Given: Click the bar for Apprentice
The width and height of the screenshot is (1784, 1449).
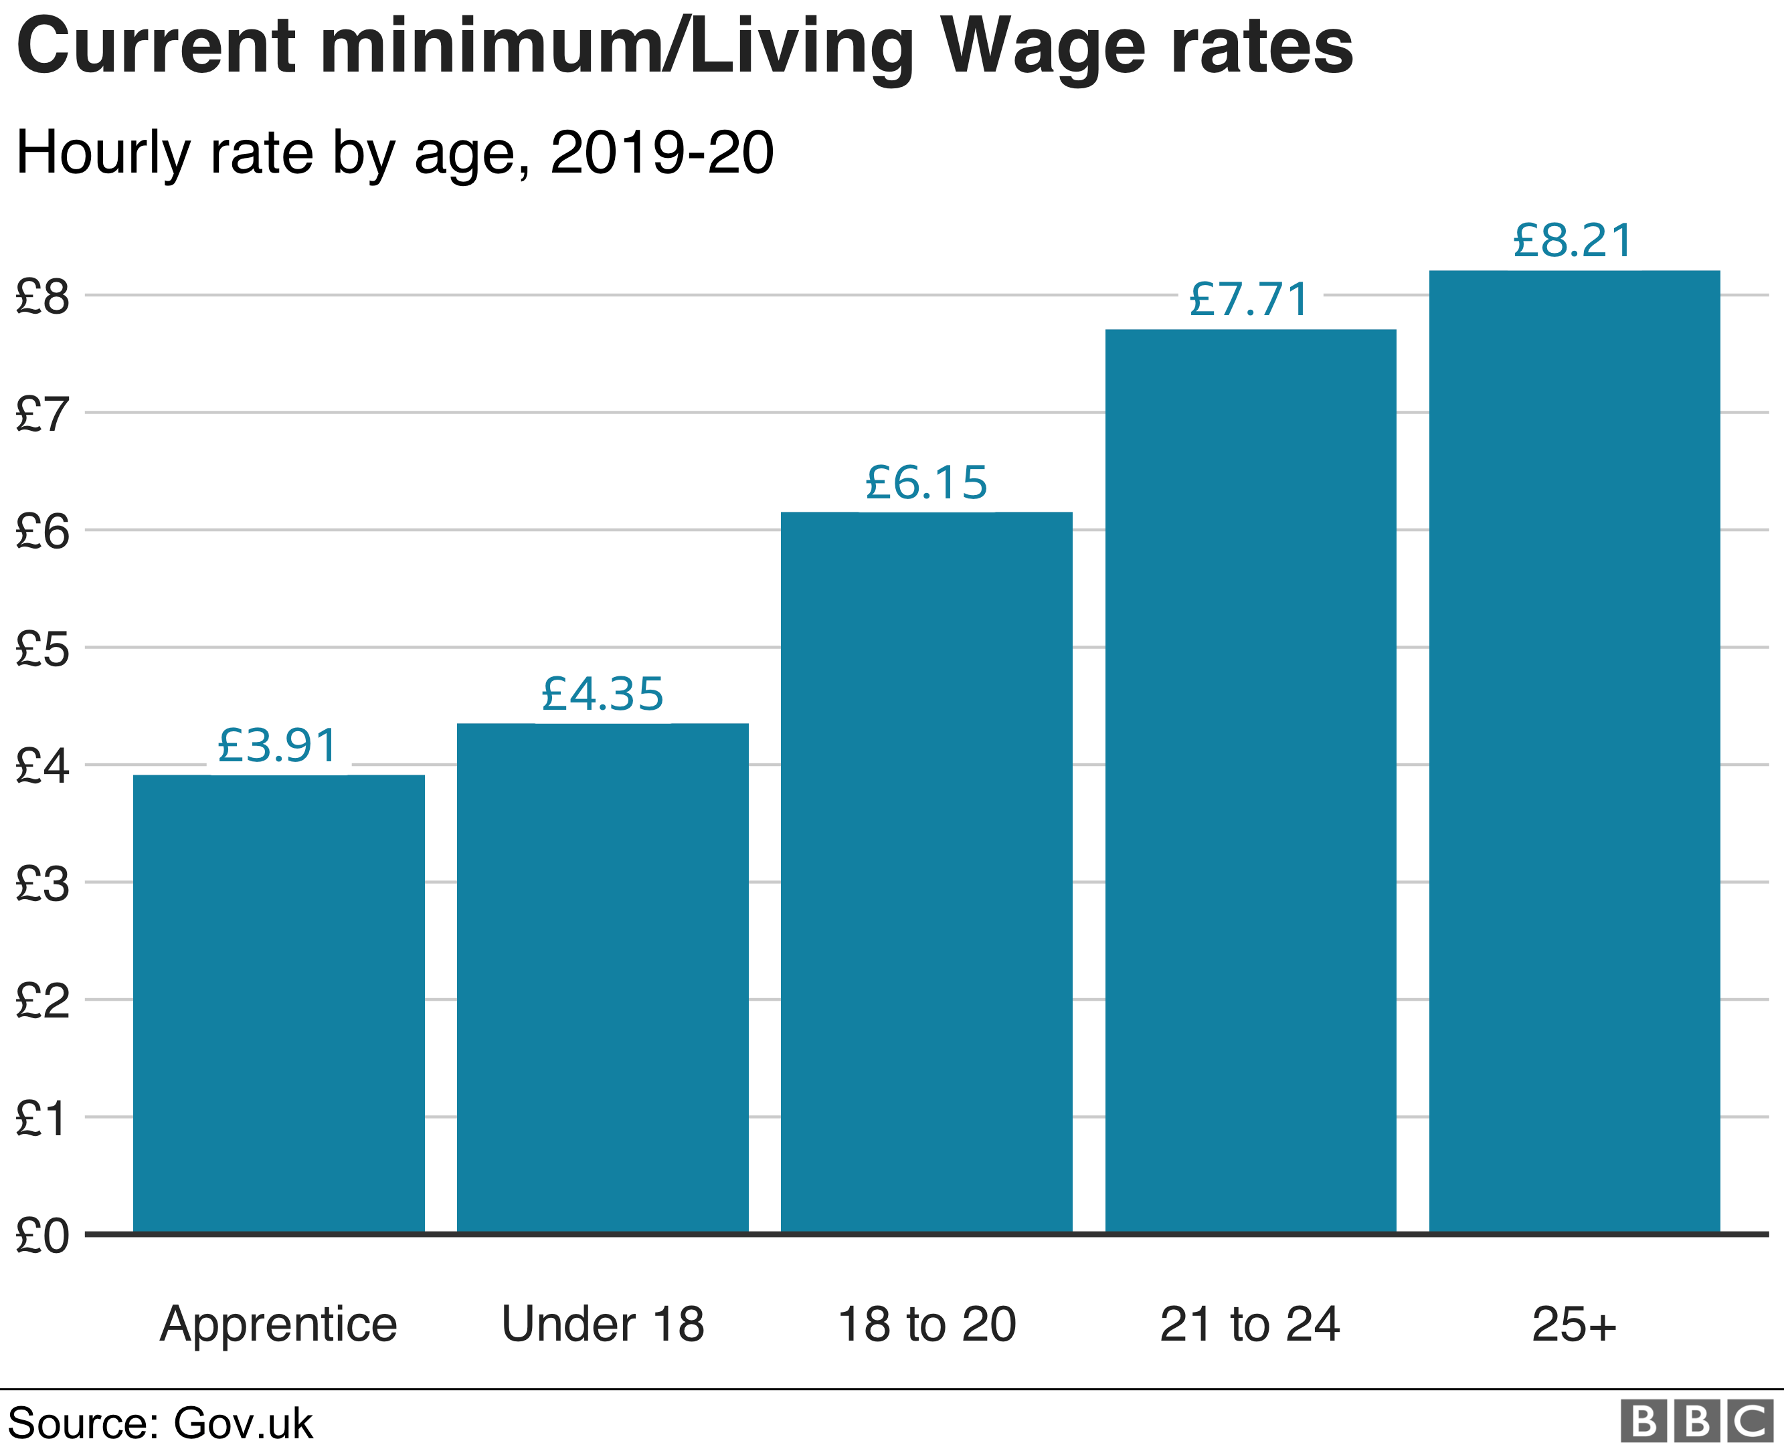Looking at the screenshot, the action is click(x=279, y=1003).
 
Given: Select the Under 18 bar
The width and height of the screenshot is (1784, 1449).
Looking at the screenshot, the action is click(x=603, y=977).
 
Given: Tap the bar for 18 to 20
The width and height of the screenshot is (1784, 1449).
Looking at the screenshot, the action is click(x=927, y=872).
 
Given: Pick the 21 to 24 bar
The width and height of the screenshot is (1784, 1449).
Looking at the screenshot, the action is click(x=1251, y=781).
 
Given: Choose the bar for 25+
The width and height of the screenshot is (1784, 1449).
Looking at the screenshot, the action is click(x=1575, y=751).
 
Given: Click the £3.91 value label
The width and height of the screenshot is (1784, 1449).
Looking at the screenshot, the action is click(x=278, y=745).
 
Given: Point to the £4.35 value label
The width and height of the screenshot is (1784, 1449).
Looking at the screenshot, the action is click(x=603, y=693).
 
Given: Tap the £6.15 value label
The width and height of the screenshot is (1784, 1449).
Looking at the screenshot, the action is click(x=927, y=482).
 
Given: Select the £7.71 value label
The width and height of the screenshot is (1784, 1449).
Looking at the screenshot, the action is click(x=1250, y=299).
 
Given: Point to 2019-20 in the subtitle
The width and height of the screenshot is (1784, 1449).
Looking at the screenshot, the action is click(x=662, y=153).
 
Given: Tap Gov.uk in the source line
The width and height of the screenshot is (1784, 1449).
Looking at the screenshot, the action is click(x=243, y=1423).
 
